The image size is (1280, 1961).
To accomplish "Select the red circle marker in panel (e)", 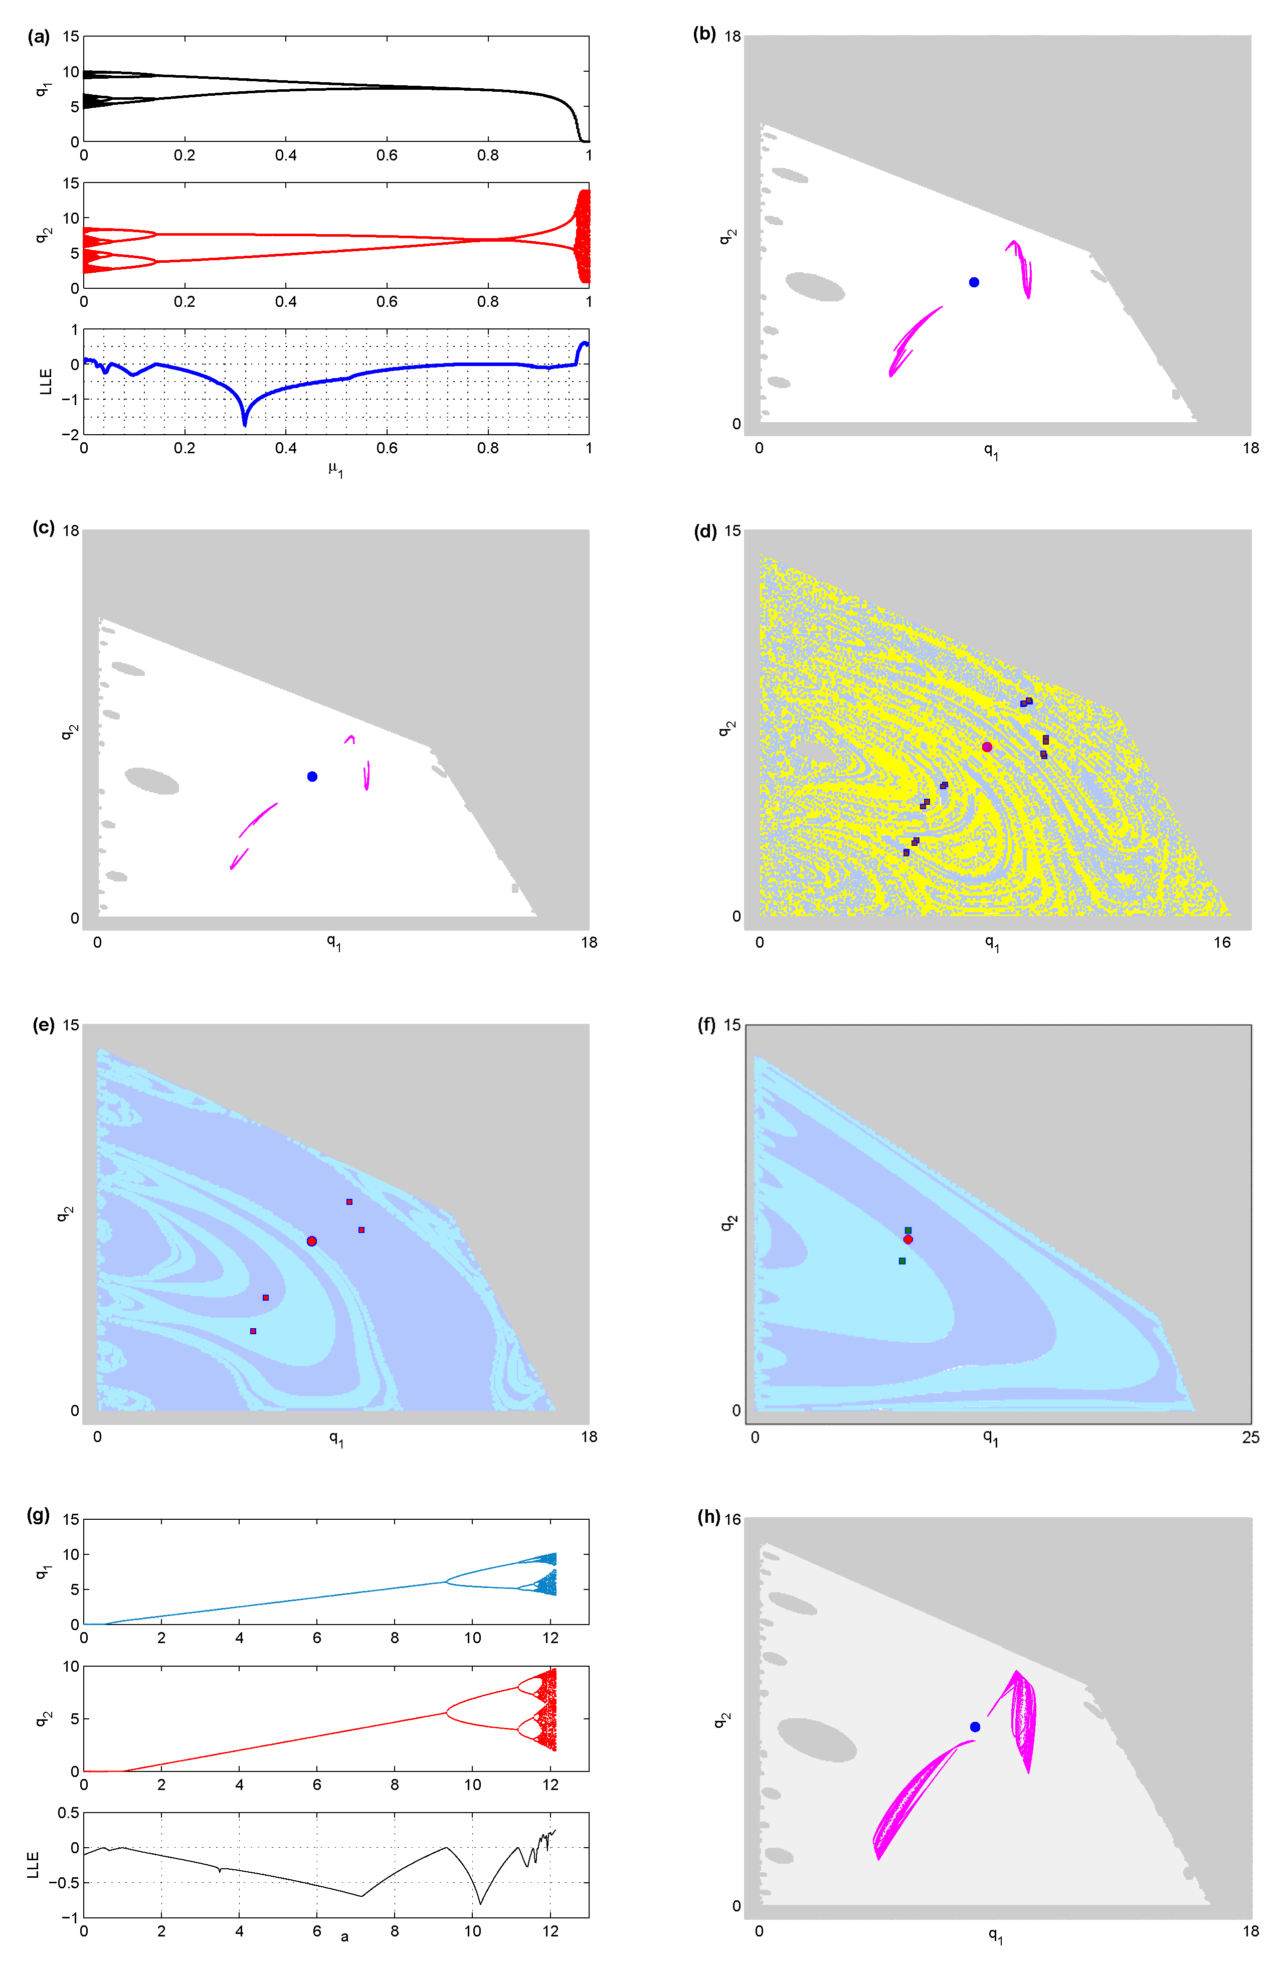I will [311, 1241].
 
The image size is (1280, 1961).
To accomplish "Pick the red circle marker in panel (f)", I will [907, 1239].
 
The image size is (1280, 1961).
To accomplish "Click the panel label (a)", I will [39, 36].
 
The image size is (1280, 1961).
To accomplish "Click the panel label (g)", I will [39, 1514].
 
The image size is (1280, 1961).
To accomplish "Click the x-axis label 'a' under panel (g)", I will [344, 1937].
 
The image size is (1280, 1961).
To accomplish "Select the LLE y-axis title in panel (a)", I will [46, 382].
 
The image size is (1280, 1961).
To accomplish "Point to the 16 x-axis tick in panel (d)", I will [1221, 943].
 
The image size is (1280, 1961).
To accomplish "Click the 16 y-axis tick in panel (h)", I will [732, 1519].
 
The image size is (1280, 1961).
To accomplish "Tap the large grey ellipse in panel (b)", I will [815, 287].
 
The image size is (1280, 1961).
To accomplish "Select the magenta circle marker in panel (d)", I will [987, 747].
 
